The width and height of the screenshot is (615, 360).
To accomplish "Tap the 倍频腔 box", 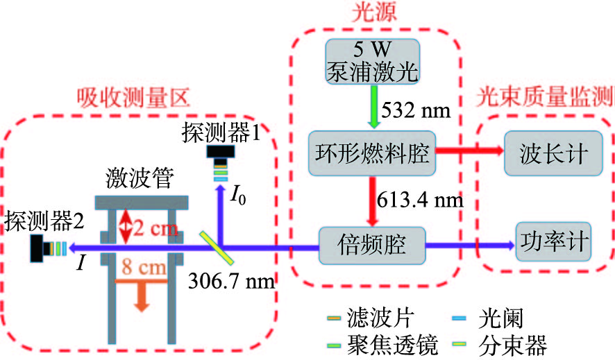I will coord(371,243).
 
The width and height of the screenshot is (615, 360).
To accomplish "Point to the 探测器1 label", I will coord(221,131).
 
